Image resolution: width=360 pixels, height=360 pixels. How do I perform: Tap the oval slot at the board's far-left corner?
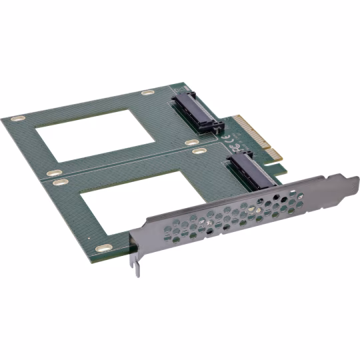coord(18,119)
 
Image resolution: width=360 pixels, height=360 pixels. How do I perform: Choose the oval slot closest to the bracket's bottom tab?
coord(102,248)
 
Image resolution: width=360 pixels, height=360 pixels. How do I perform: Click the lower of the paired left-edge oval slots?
coord(59,181)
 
